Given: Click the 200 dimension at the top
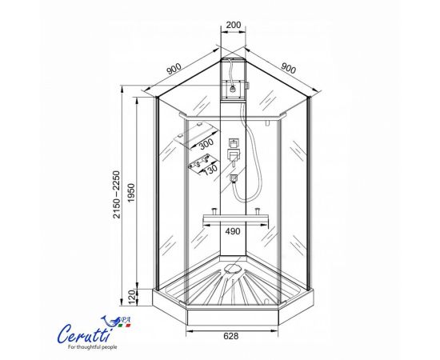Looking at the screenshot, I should pyautogui.click(x=234, y=25).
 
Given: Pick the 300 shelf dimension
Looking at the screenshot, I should pyautogui.click(x=206, y=143).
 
